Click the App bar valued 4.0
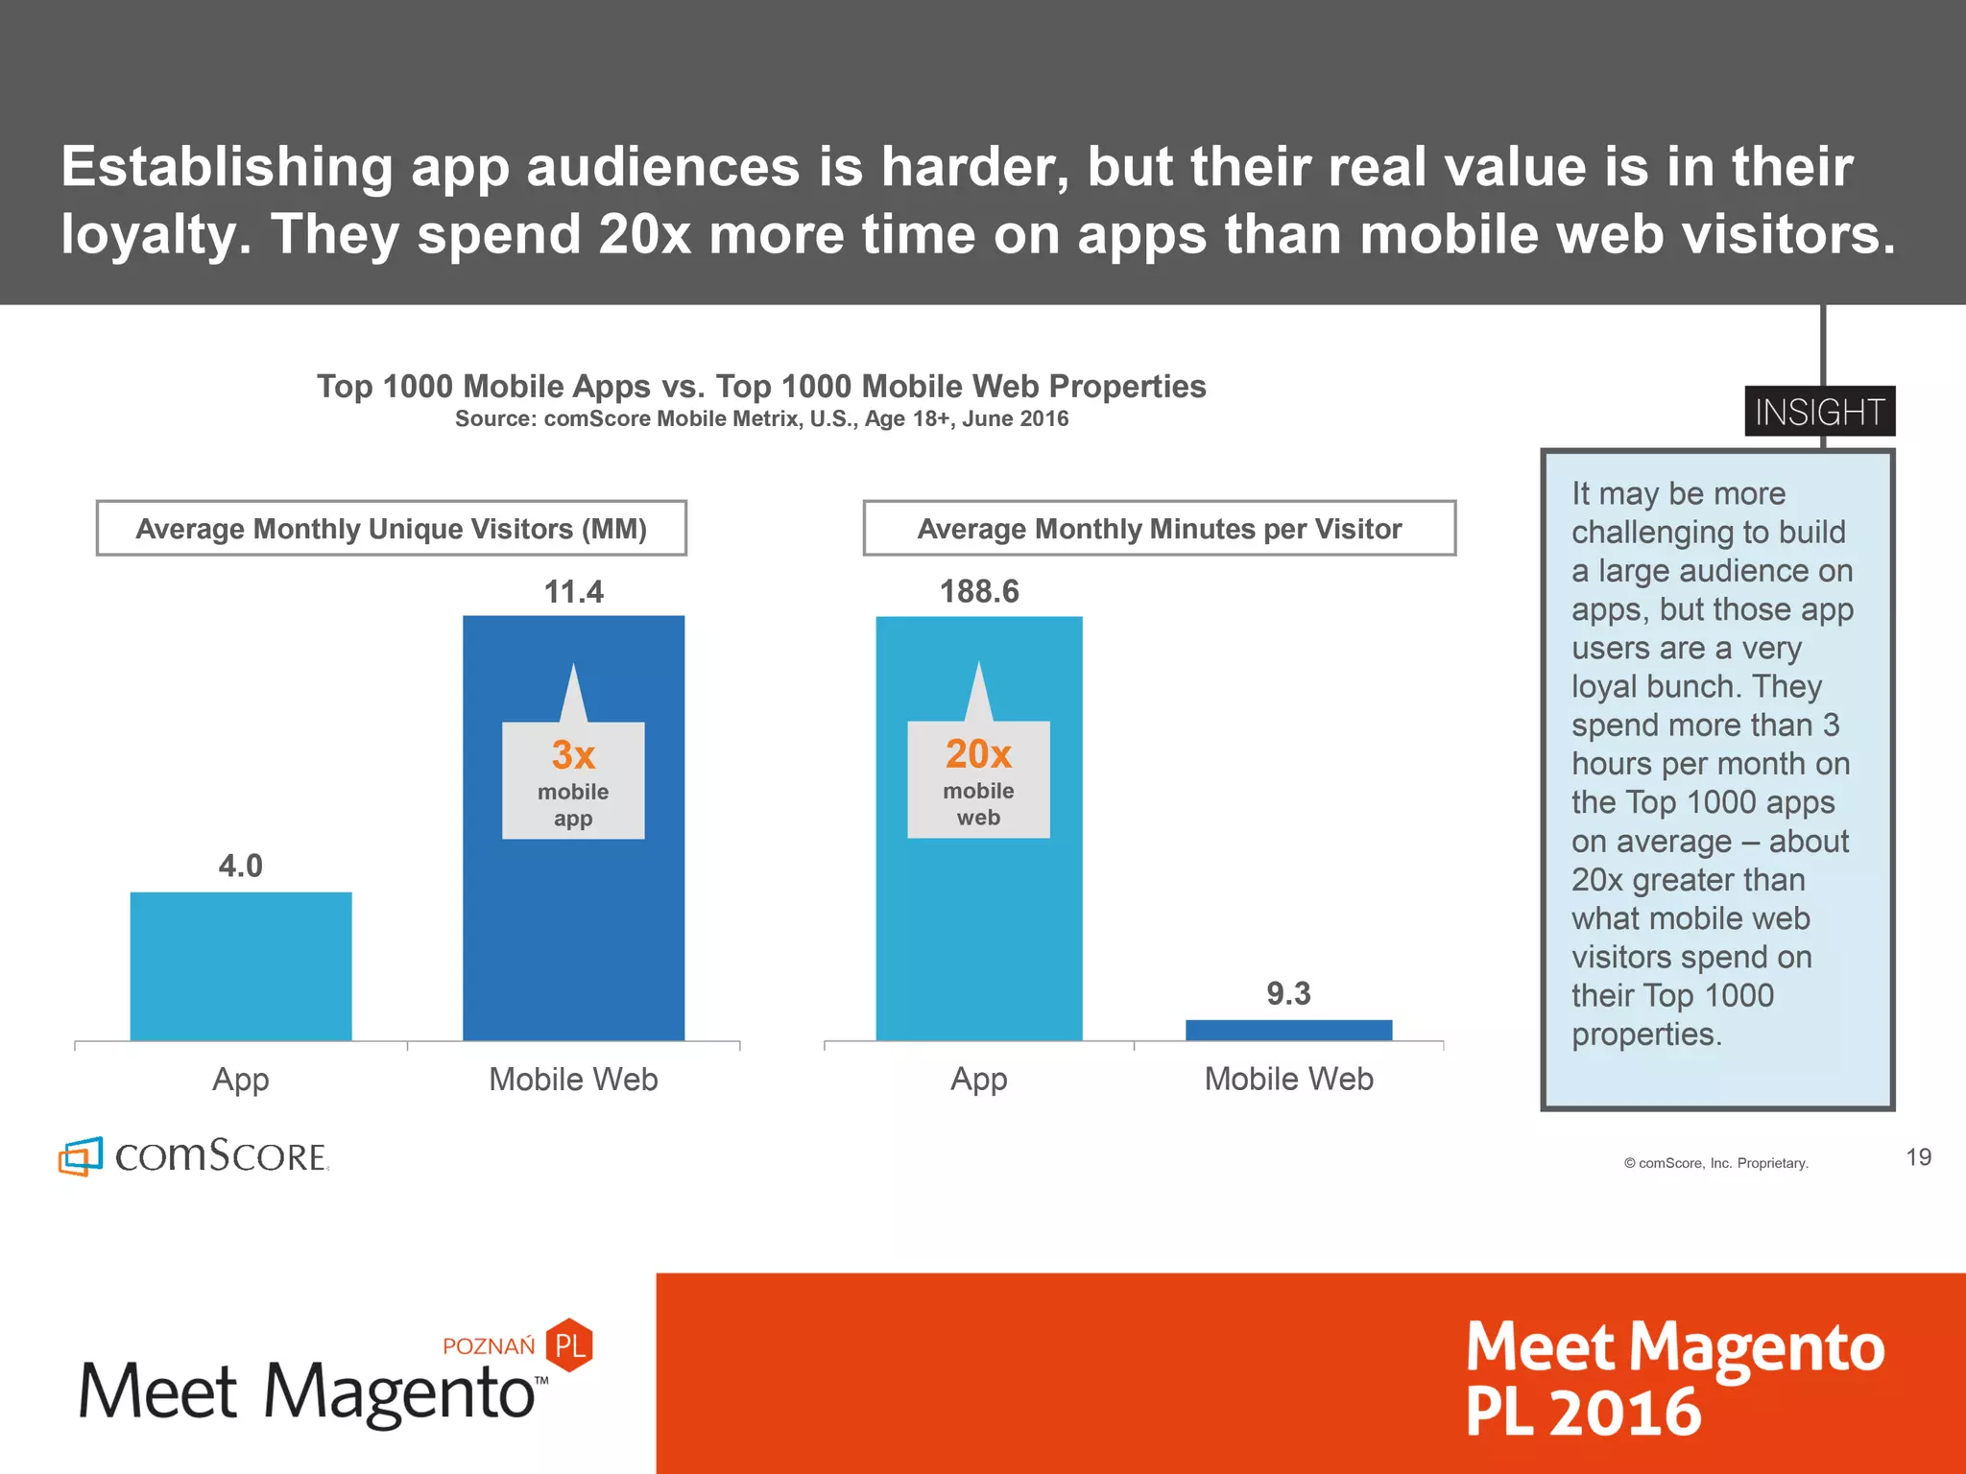[241, 965]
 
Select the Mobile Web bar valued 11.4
[573, 921]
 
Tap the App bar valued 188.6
[978, 921]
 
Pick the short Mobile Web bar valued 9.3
[1288, 1030]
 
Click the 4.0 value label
[240, 866]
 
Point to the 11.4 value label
[573, 592]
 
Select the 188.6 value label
[979, 591]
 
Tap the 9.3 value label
[1288, 993]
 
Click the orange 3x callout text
[573, 755]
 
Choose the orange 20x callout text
[978, 754]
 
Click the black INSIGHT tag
[1819, 412]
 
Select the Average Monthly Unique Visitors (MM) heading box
[392, 528]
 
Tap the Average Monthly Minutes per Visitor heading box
[1159, 528]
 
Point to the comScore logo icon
[81, 1156]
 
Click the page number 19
[1918, 1157]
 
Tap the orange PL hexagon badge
[569, 1344]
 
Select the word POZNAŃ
[489, 1346]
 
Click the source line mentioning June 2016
[761, 419]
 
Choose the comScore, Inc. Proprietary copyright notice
[1715, 1163]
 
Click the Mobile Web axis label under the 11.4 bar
[573, 1080]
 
